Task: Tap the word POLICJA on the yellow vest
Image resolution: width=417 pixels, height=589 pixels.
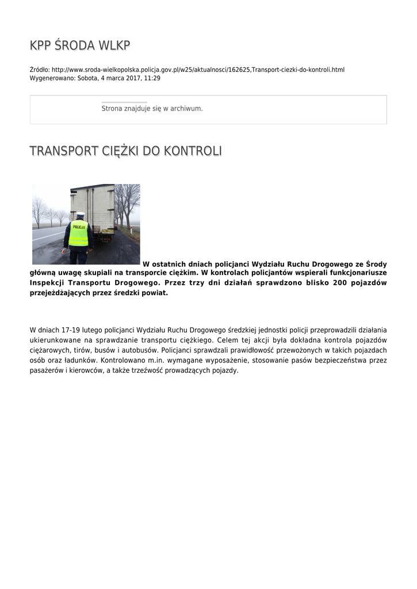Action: tap(79, 227)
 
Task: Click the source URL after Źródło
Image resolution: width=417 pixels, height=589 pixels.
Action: tap(198, 70)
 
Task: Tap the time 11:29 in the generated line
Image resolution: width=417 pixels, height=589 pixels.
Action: tap(152, 78)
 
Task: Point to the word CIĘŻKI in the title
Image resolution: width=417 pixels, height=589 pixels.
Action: tap(121, 151)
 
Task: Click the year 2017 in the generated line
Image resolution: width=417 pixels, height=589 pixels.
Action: tap(129, 78)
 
